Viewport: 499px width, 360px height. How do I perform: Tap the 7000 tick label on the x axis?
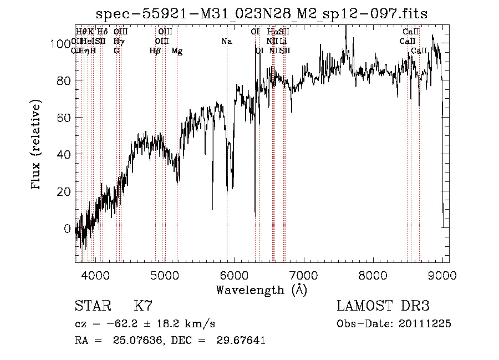303,275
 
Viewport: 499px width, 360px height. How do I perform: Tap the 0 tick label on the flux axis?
68,229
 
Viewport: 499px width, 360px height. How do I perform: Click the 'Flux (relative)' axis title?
37,145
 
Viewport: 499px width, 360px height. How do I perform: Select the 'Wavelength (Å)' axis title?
261,290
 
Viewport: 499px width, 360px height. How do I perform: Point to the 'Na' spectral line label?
226,41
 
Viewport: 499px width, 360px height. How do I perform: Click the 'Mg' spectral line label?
177,51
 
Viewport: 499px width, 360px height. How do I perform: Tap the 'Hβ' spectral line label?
155,51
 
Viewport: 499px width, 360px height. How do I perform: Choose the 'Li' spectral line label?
283,41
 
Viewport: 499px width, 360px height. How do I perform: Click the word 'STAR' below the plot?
92,307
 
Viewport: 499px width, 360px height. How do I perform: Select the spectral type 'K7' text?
144,307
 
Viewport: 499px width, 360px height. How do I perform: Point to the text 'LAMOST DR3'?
383,307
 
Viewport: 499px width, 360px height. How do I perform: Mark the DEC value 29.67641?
242,341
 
